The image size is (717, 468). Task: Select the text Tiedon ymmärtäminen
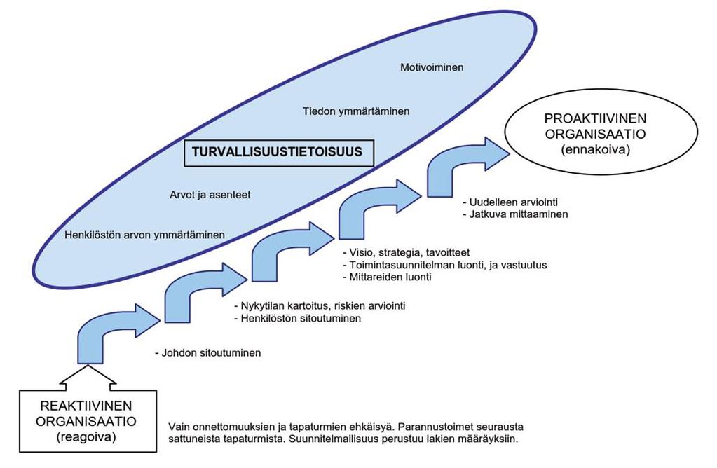356,111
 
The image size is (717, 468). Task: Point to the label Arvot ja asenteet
210,195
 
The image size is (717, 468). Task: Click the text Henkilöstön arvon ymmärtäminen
144,235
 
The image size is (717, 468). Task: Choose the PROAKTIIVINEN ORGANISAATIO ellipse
601,132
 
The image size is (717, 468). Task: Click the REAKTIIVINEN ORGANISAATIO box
88,421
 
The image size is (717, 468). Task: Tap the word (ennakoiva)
595,150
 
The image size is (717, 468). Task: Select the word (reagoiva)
86,437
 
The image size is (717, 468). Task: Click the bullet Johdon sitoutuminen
208,353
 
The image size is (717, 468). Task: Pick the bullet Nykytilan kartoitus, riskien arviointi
320,305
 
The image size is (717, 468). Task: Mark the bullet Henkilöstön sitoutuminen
298,318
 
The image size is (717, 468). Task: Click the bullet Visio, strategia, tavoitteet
406,252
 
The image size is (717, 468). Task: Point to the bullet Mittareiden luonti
387,277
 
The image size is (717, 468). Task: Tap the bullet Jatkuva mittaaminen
515,214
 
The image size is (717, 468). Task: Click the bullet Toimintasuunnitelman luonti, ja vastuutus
445,265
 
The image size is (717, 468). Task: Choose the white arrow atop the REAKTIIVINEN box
88,378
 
